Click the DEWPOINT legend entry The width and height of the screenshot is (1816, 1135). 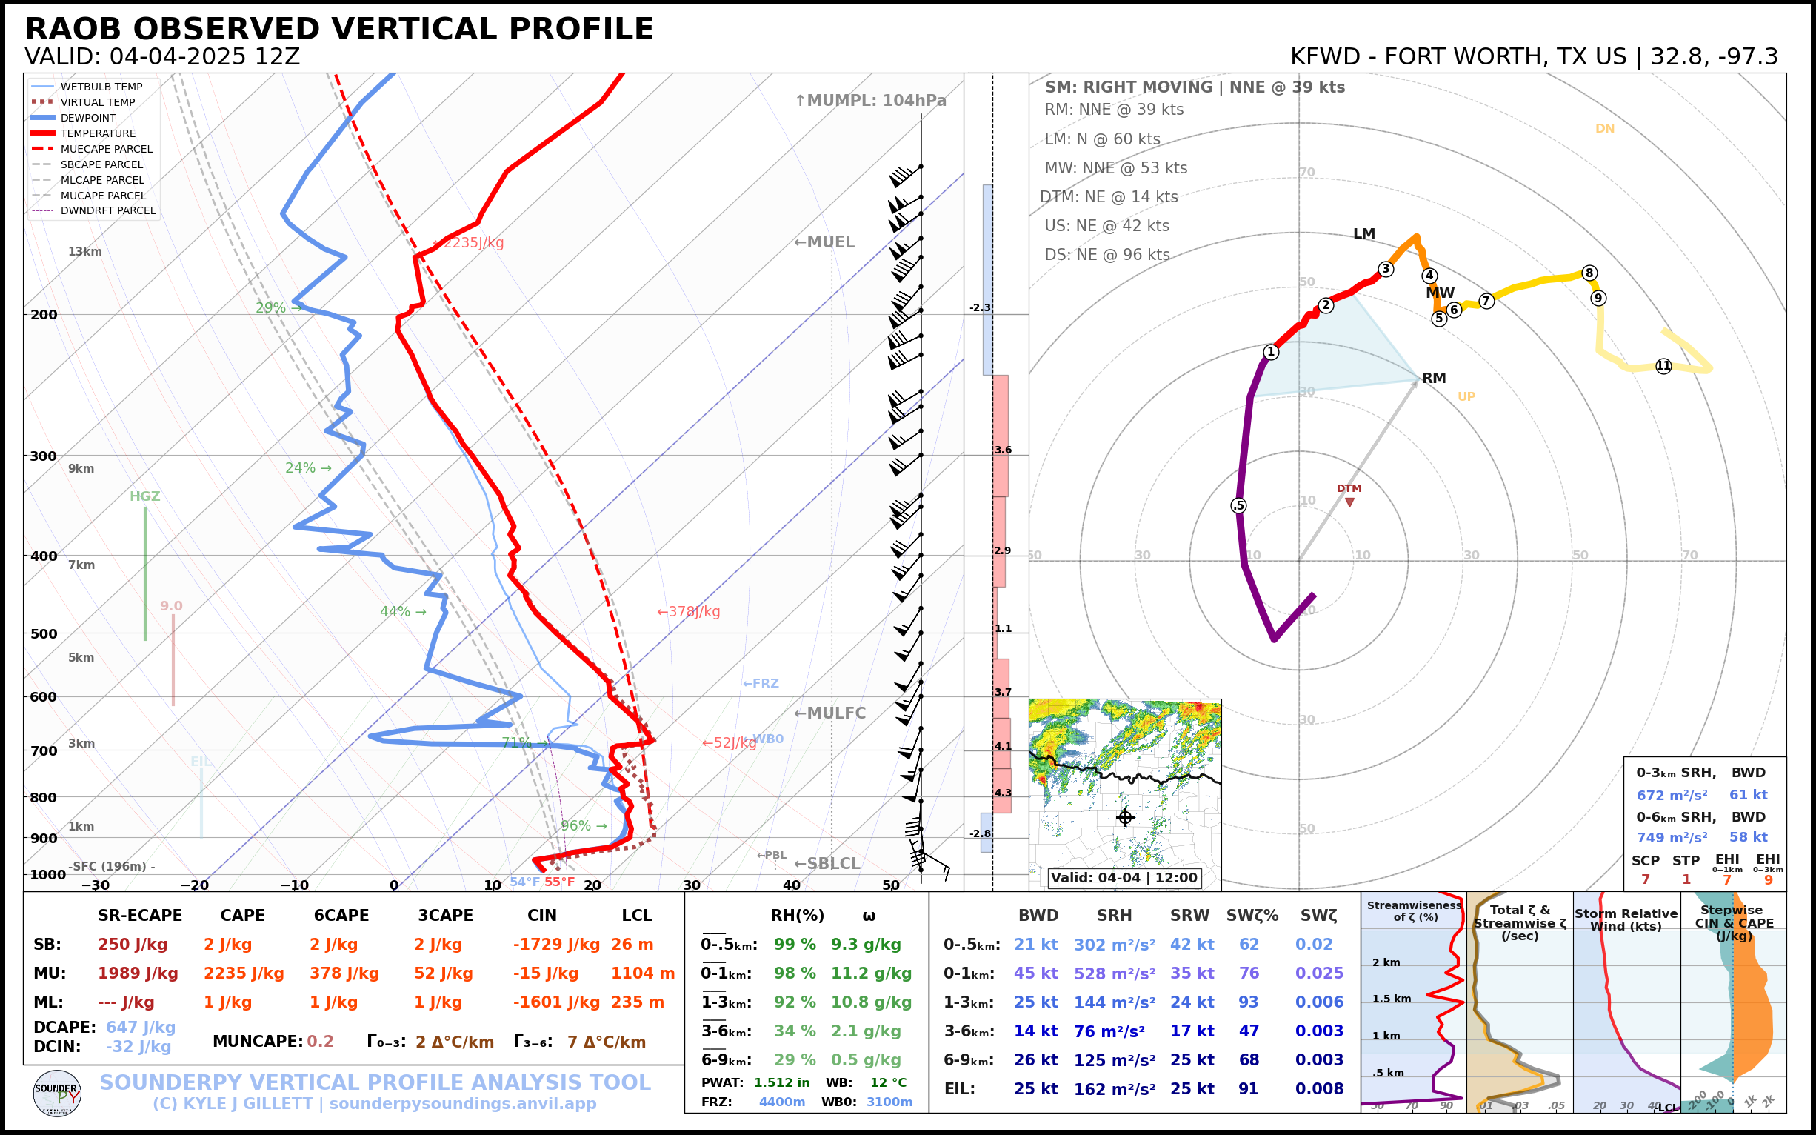pos(88,118)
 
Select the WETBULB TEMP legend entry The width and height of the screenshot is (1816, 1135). pos(101,87)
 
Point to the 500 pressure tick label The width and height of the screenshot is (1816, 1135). pos(44,633)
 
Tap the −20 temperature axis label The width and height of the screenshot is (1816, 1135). pos(194,885)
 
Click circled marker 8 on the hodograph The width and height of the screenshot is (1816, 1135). pos(1589,273)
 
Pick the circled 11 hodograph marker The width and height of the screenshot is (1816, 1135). pos(1663,366)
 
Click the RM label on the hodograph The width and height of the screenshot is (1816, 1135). pos(1434,379)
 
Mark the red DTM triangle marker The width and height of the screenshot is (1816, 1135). pos(1349,502)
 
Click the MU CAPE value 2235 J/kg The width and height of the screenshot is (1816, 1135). pos(244,973)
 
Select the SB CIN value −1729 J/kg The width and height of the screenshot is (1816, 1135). pos(556,945)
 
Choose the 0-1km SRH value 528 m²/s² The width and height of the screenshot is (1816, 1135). pos(1115,973)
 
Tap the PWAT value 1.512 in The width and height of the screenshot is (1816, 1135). pos(781,1082)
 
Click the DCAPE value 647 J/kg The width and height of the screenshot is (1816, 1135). pos(140,1027)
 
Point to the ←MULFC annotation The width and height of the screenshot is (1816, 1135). pos(829,713)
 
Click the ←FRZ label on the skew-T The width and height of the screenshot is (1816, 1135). pos(760,683)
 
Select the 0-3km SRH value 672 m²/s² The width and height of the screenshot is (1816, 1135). pos(1672,795)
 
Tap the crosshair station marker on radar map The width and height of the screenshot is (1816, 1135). pos(1125,817)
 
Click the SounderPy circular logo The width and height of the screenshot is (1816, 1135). pos(57,1093)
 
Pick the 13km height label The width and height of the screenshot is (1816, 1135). pos(84,251)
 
